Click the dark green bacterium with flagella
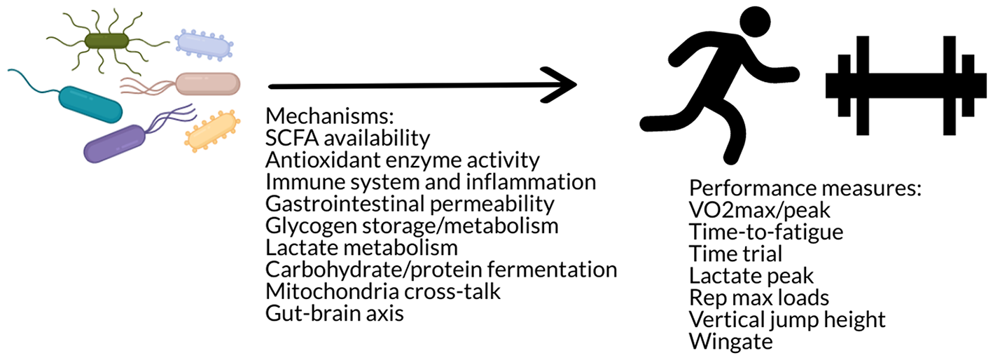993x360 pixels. [107, 41]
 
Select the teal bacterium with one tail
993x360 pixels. [90, 103]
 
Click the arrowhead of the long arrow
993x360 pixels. [564, 85]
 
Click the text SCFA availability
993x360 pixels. [347, 137]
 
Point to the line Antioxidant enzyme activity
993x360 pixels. [403, 160]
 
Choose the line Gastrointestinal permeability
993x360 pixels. [410, 205]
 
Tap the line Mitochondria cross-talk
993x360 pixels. [383, 291]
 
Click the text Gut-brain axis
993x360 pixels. [335, 313]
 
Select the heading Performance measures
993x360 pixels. [805, 189]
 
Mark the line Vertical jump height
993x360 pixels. [787, 319]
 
